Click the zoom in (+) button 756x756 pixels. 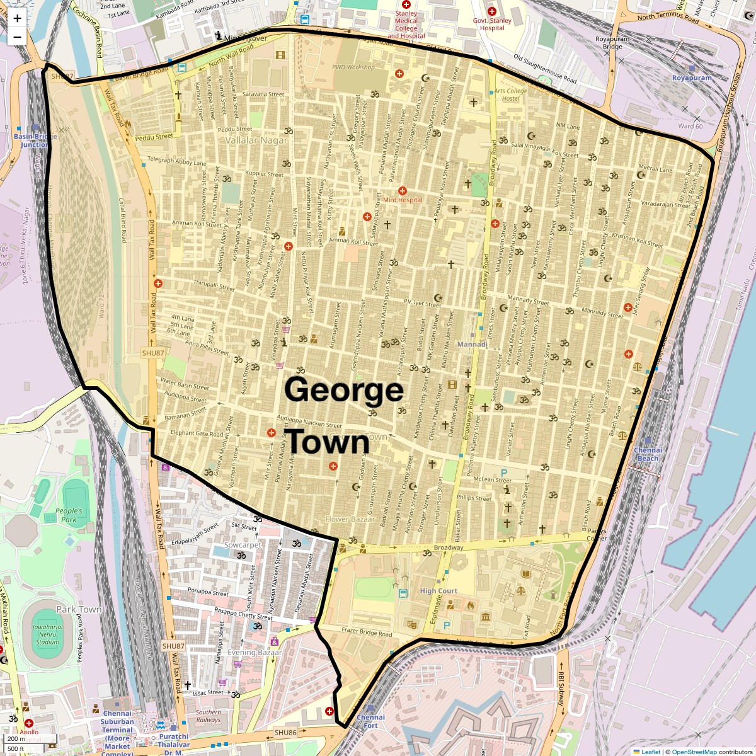[17, 18]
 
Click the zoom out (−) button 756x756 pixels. [17, 37]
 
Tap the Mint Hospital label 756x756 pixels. [403, 200]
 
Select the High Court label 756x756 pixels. [438, 591]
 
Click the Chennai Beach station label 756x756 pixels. [648, 454]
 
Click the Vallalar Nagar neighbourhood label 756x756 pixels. [256, 140]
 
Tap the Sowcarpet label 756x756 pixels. [243, 545]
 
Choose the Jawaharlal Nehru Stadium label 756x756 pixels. [47, 634]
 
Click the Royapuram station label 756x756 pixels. [692, 78]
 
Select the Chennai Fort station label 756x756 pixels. [370, 721]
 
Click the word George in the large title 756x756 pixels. [344, 390]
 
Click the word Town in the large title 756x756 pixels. [329, 442]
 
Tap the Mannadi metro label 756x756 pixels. [472, 345]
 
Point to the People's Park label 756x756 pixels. [69, 515]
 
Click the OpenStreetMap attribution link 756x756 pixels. [694, 752]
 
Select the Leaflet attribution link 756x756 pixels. [651, 752]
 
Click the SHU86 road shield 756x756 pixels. [285, 733]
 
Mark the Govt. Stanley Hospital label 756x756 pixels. [492, 24]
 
